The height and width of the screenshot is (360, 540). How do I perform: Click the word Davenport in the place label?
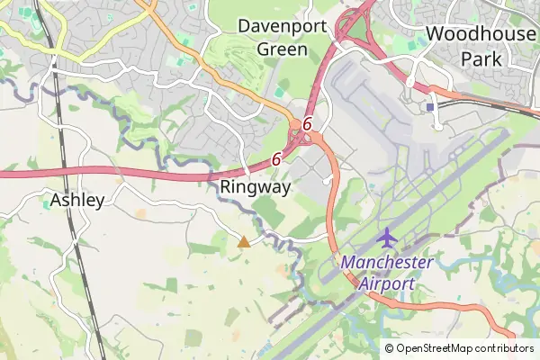point(282,25)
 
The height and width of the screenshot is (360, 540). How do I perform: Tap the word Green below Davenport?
point(282,49)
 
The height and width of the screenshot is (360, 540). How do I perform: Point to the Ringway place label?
point(256,188)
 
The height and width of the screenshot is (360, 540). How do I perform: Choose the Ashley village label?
point(77,200)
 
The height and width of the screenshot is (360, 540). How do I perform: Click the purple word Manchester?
point(387,263)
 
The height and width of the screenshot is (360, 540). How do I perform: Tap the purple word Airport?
point(387,283)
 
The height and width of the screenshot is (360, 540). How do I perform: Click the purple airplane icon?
point(387,238)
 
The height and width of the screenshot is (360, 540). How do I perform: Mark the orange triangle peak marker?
point(243,241)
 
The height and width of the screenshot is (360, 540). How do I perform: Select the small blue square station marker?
point(430,106)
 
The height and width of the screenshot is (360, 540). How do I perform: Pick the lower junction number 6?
point(275,158)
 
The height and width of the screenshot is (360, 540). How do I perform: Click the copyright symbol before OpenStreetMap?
point(390,348)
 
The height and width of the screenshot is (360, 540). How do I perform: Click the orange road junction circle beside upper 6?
point(295,126)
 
